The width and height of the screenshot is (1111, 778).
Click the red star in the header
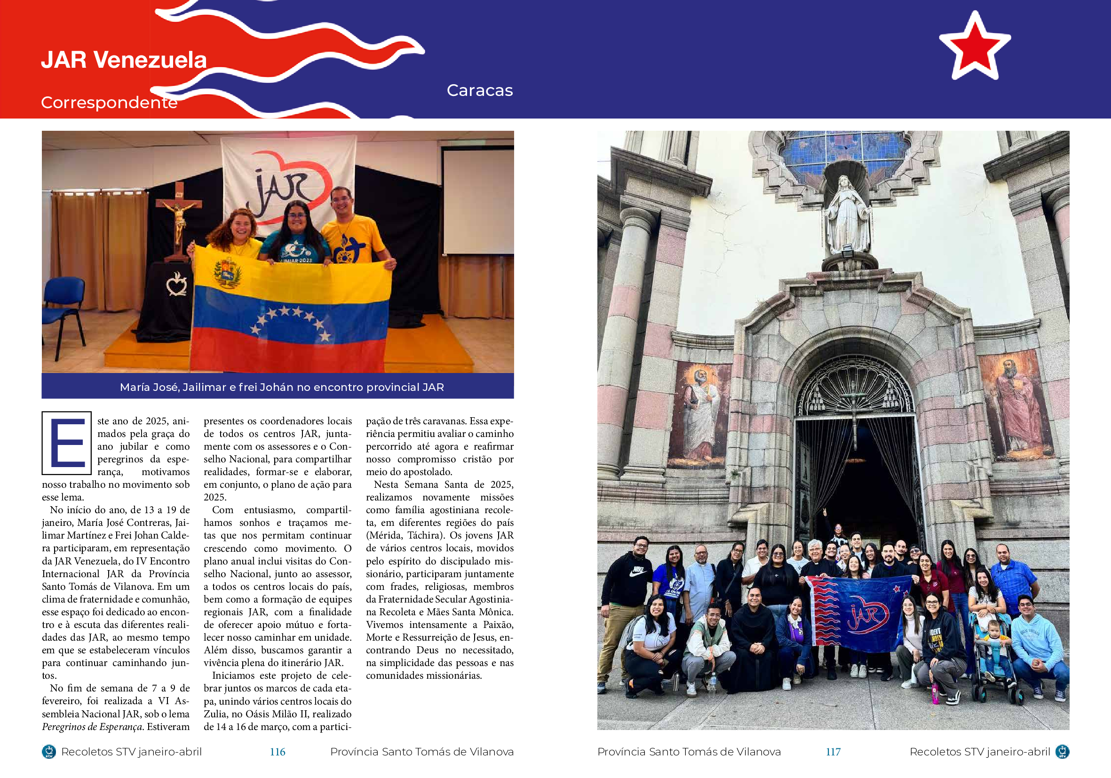pos(974,48)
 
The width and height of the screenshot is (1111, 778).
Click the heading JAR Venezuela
pos(124,60)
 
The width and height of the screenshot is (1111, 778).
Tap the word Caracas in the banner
pos(479,90)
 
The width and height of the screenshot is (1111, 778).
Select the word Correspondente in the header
pos(109,103)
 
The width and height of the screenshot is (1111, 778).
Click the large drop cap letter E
pos(67,443)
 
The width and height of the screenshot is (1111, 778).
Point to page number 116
pos(277,751)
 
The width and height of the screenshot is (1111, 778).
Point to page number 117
pos(833,751)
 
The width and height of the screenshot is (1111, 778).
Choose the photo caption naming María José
pos(282,387)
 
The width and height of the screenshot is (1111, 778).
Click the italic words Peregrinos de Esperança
pos(92,726)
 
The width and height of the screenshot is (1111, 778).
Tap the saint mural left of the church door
pos(700,414)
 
